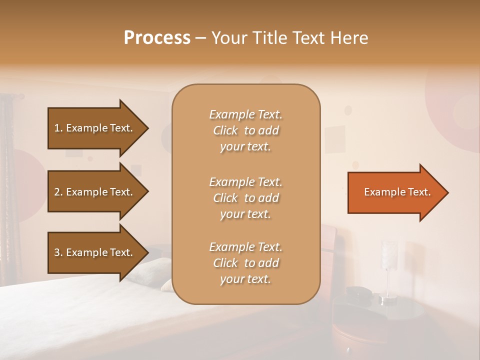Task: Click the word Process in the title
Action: pyautogui.click(x=157, y=38)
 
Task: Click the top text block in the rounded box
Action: pyautogui.click(x=245, y=130)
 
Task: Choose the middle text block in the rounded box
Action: pyautogui.click(x=245, y=197)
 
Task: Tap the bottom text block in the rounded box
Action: pyautogui.click(x=245, y=263)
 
